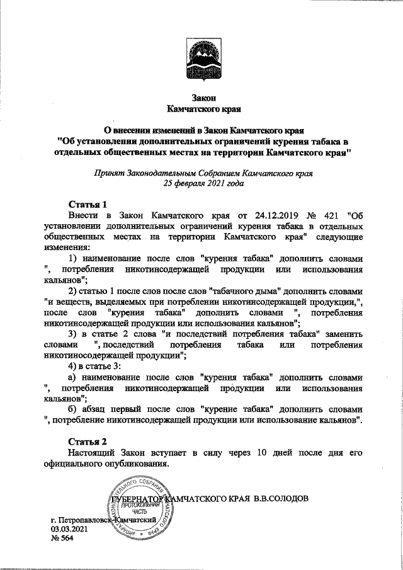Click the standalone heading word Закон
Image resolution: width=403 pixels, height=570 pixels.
coord(203,98)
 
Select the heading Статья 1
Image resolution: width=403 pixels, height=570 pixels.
coord(88,203)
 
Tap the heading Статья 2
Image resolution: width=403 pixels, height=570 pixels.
coord(88,442)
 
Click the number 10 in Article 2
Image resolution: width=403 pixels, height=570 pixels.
coord(268,453)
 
